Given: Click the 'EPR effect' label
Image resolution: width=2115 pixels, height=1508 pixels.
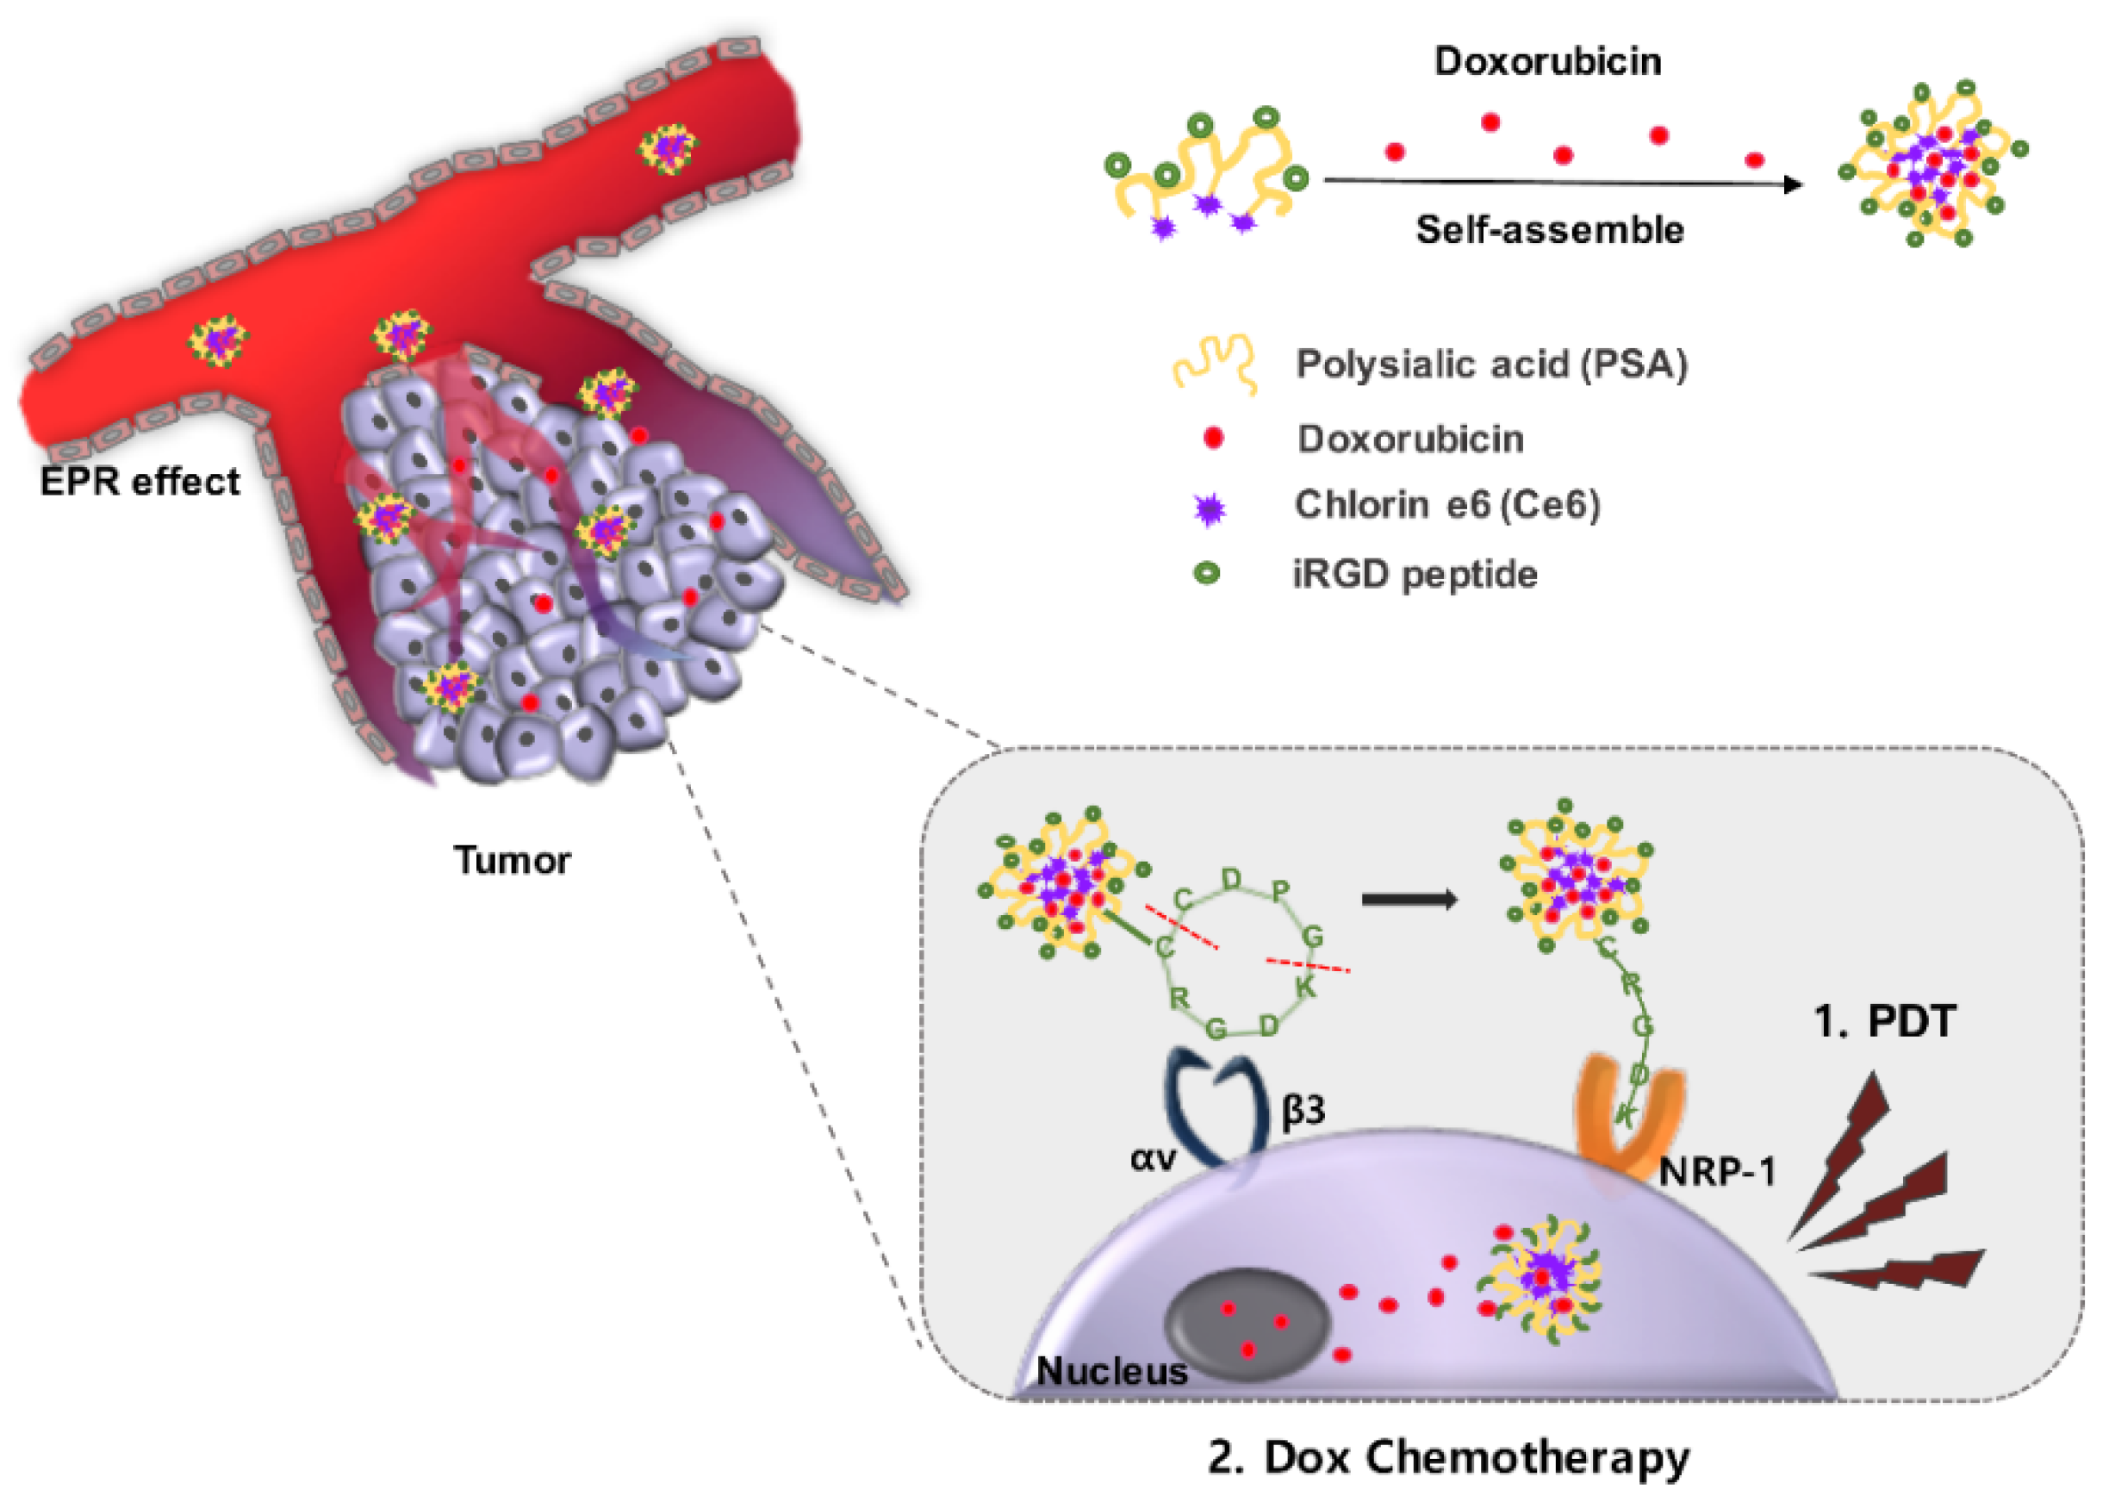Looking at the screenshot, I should pyautogui.click(x=140, y=482).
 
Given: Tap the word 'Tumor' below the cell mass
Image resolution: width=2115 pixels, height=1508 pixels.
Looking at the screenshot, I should pyautogui.click(x=512, y=860).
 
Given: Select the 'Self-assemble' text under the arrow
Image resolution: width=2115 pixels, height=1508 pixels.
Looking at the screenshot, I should pyautogui.click(x=1549, y=229).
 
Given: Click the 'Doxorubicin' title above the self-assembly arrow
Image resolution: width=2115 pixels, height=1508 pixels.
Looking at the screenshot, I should pyautogui.click(x=1546, y=61).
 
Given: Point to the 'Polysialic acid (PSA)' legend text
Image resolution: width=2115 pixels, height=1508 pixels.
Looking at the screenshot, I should pyautogui.click(x=1491, y=364).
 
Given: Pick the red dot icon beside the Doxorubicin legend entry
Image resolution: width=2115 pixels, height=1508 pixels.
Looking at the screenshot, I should pyautogui.click(x=1212, y=439).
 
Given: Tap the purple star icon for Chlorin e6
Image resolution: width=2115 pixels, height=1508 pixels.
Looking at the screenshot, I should pyautogui.click(x=1210, y=509).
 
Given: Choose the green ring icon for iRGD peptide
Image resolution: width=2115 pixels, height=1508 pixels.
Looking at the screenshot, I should pyautogui.click(x=1206, y=574).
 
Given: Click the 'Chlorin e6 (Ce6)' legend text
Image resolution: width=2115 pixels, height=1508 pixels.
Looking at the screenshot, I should pyautogui.click(x=1446, y=505).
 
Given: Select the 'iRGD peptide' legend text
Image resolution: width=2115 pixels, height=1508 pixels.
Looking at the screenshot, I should pyautogui.click(x=1415, y=575).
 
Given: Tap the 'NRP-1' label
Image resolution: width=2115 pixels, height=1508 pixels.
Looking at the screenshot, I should pyautogui.click(x=1717, y=1173).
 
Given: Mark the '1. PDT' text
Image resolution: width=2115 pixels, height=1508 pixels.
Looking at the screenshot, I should pyautogui.click(x=1884, y=1022).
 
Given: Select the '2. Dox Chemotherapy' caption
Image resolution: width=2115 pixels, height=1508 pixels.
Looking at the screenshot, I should pyautogui.click(x=1448, y=1457).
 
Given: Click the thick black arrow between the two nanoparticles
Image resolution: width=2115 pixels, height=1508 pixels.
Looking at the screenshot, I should pyautogui.click(x=1409, y=899).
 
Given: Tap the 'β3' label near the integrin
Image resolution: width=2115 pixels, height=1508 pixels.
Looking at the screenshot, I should pyautogui.click(x=1303, y=1111).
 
